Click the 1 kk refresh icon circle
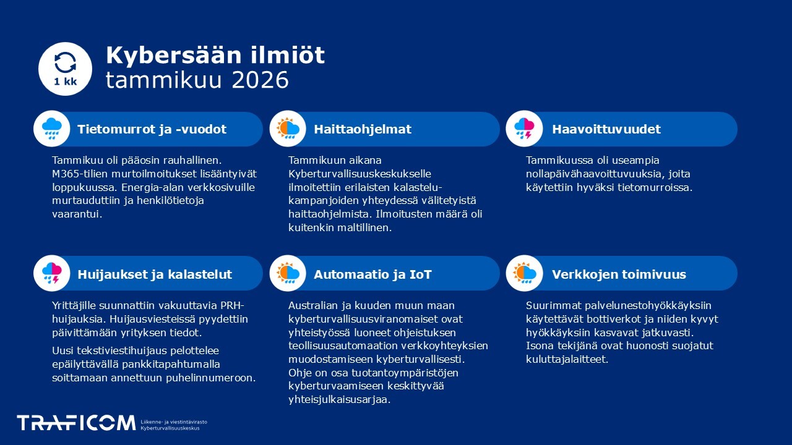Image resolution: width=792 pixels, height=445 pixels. click(65, 69)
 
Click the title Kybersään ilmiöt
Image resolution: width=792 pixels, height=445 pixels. click(215, 55)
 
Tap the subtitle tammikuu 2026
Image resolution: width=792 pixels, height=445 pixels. click(197, 80)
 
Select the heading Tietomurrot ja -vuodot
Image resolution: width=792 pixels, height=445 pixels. click(152, 129)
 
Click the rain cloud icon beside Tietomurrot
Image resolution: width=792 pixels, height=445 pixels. click(51, 129)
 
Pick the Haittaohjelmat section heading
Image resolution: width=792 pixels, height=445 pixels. click(362, 129)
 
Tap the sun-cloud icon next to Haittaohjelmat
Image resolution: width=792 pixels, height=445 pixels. click(288, 129)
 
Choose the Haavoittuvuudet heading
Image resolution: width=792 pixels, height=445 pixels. click(606, 129)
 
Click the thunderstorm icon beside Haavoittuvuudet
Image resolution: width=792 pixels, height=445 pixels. click(524, 129)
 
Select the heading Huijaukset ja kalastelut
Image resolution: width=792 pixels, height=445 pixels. click(155, 274)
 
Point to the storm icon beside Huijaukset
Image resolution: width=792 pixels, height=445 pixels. click(51, 273)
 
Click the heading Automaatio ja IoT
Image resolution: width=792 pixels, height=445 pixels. click(372, 274)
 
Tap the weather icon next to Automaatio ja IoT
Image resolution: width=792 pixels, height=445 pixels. click(288, 273)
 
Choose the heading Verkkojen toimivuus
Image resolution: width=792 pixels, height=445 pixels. click(619, 274)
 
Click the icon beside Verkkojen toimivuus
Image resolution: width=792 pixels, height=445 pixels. click(524, 273)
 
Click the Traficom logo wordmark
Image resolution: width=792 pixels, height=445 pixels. click(75, 423)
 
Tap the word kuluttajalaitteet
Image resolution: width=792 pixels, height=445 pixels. click(567, 359)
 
